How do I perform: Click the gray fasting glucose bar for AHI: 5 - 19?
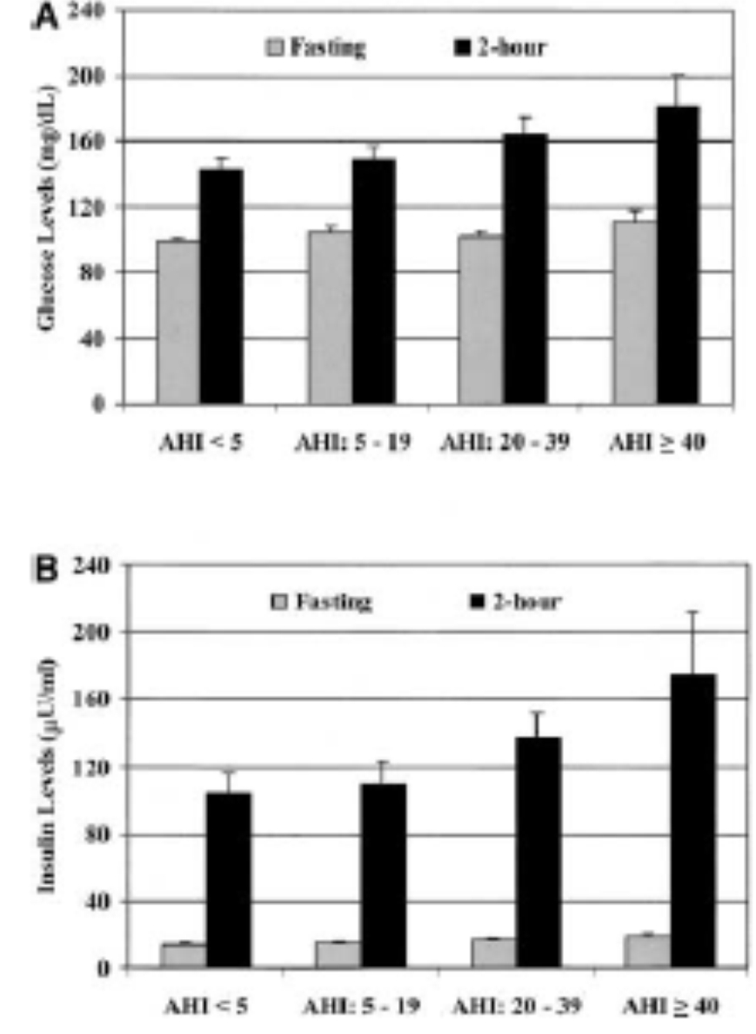[x=331, y=317]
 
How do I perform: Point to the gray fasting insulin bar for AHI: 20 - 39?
[x=493, y=952]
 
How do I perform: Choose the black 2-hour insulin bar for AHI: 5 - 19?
[x=384, y=875]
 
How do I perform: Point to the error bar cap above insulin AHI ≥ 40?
[x=692, y=612]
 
